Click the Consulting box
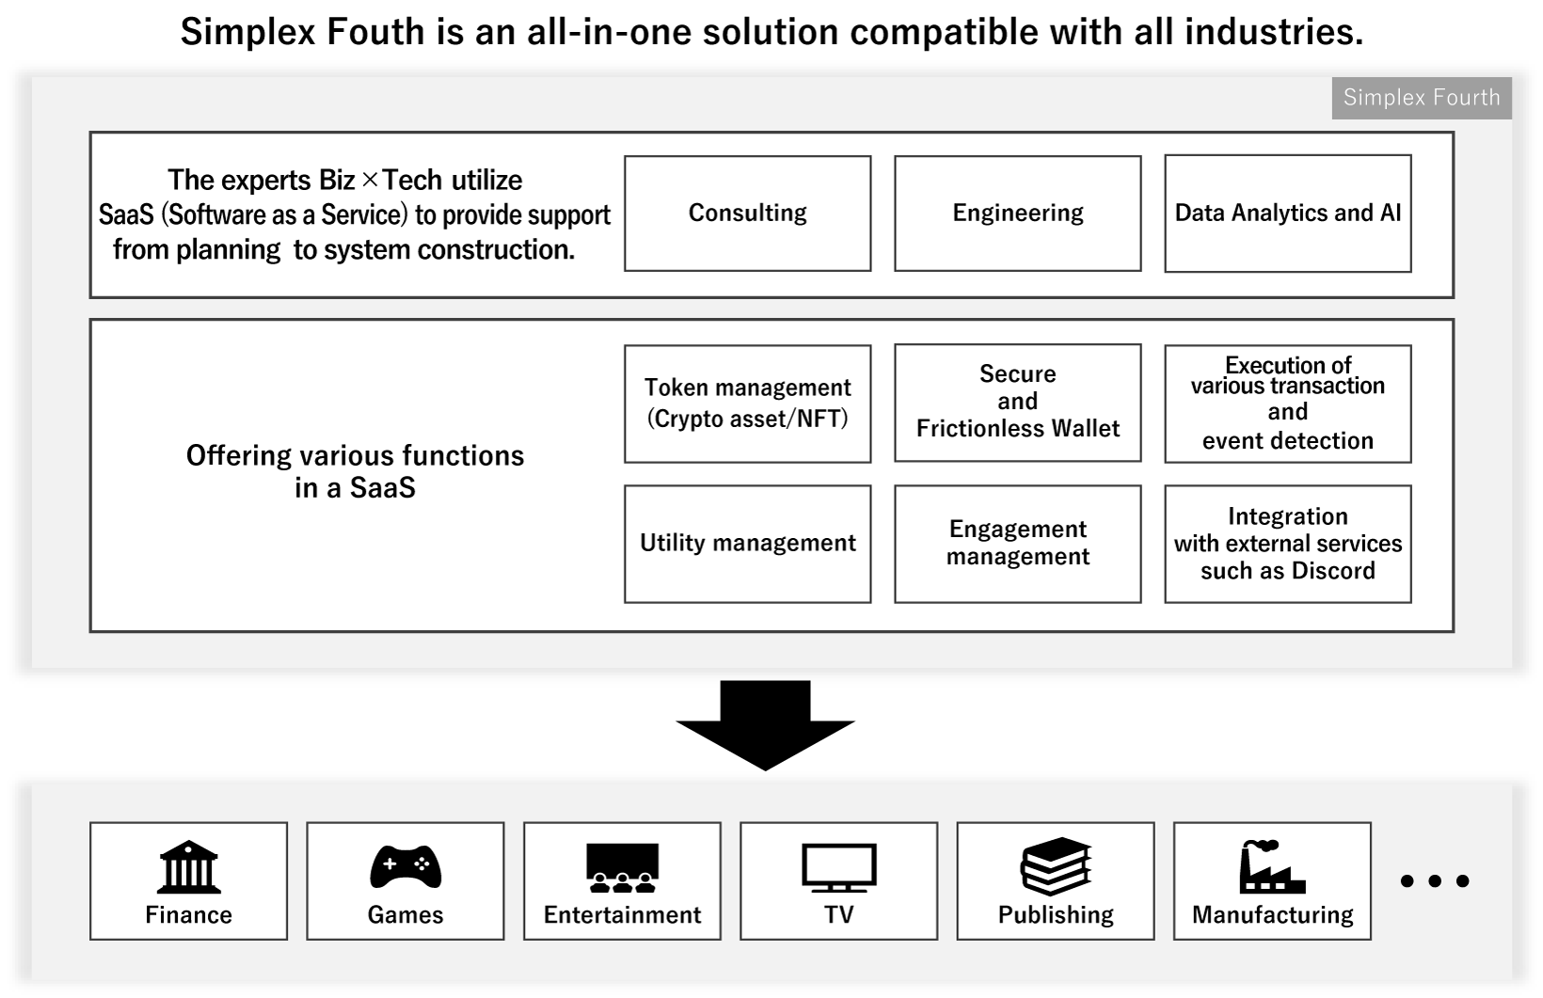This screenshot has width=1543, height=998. tap(747, 214)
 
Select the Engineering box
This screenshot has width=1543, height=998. tap(1017, 214)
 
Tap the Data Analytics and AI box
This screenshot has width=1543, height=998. tap(1287, 214)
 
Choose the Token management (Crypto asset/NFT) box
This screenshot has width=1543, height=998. tap(747, 404)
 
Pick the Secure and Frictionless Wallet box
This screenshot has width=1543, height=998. tap(1017, 403)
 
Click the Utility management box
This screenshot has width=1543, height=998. tap(747, 544)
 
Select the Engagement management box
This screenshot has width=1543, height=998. tap(1017, 544)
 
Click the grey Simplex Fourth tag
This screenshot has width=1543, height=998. tap(1421, 98)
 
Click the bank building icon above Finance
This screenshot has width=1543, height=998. tap(189, 867)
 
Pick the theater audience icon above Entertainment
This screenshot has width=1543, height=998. tap(622, 867)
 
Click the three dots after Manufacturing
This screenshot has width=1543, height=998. tap(1435, 881)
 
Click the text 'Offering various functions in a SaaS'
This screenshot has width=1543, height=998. tap(355, 471)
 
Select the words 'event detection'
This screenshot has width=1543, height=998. tap(1287, 440)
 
